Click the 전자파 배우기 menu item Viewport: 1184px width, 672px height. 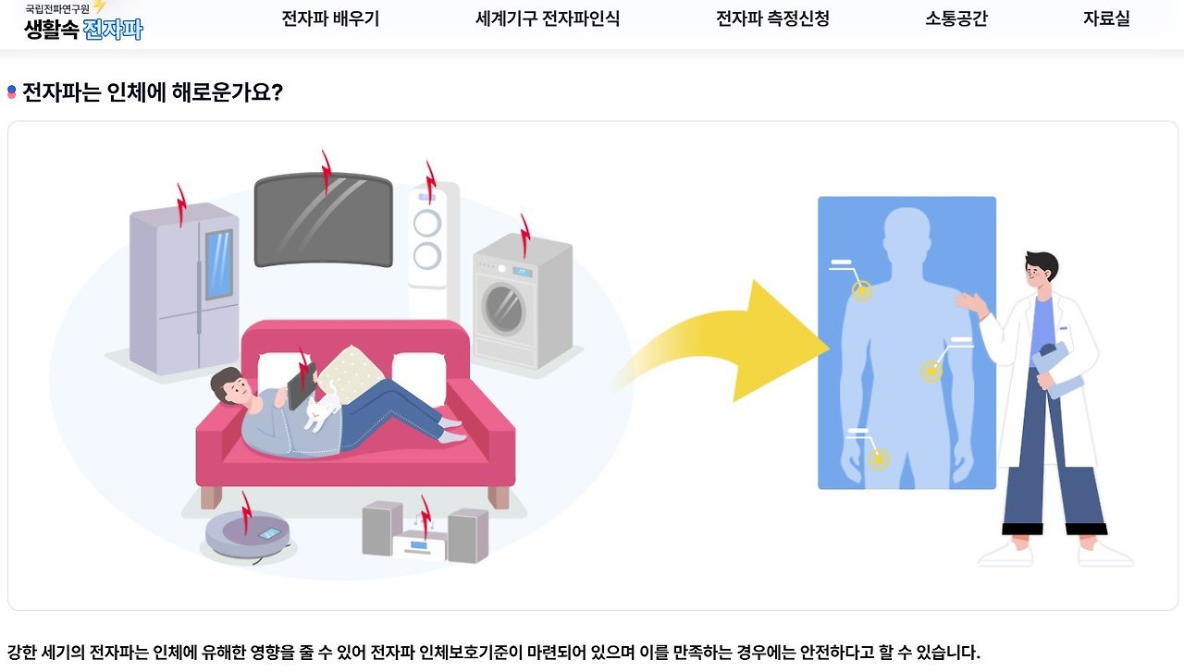[330, 18]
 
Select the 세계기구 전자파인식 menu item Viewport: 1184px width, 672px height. [547, 18]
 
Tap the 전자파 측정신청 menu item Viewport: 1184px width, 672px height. [772, 18]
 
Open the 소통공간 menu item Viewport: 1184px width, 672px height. [956, 18]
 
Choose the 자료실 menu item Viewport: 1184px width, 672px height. [1106, 18]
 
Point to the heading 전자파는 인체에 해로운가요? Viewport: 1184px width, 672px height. [152, 92]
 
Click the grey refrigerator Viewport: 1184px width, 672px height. [183, 287]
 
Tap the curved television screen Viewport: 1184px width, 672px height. [323, 219]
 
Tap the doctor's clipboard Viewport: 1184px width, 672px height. [1057, 370]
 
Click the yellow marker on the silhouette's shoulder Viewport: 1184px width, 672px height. [862, 291]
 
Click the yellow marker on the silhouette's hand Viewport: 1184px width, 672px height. [879, 458]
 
